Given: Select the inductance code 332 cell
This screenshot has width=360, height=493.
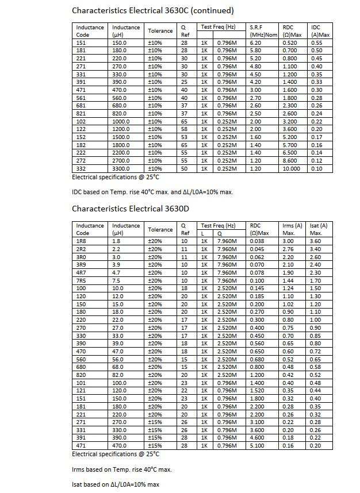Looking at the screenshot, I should point(81,169).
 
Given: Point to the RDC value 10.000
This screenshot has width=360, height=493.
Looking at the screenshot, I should point(291,169).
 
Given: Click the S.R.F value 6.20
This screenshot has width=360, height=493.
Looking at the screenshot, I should point(256,43).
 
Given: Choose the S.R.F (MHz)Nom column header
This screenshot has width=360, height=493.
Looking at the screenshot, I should point(263,31).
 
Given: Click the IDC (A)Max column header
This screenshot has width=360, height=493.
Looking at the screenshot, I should point(320,31).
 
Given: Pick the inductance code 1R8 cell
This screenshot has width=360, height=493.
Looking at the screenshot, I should point(81,241).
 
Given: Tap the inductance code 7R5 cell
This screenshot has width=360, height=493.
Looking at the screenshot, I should point(81,280).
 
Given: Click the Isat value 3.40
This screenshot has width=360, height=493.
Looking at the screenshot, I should point(316,249).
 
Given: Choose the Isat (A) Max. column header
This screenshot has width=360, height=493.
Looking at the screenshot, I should point(318,229).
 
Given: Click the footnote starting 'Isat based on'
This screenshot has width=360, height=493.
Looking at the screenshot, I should point(116,484).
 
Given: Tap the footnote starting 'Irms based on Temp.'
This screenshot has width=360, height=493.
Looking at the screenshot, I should point(122,469).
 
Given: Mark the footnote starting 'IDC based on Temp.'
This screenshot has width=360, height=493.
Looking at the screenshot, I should point(152,192).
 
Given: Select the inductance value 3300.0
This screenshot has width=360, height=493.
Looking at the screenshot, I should point(121,169).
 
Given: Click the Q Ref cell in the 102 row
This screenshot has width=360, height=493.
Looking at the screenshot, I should point(184,122).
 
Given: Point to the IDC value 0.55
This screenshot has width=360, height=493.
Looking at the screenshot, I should point(317,43).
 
